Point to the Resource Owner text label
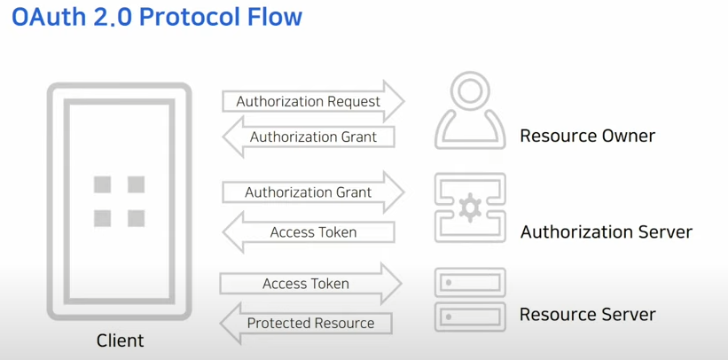click(587, 136)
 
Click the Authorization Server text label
click(606, 232)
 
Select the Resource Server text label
click(587, 315)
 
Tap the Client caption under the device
click(120, 340)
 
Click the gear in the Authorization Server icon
click(469, 208)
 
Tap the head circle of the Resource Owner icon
click(470, 90)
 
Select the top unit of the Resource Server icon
click(470, 283)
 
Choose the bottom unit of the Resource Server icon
click(470, 316)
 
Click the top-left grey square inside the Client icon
click(103, 184)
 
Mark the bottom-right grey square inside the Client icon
click(136, 218)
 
